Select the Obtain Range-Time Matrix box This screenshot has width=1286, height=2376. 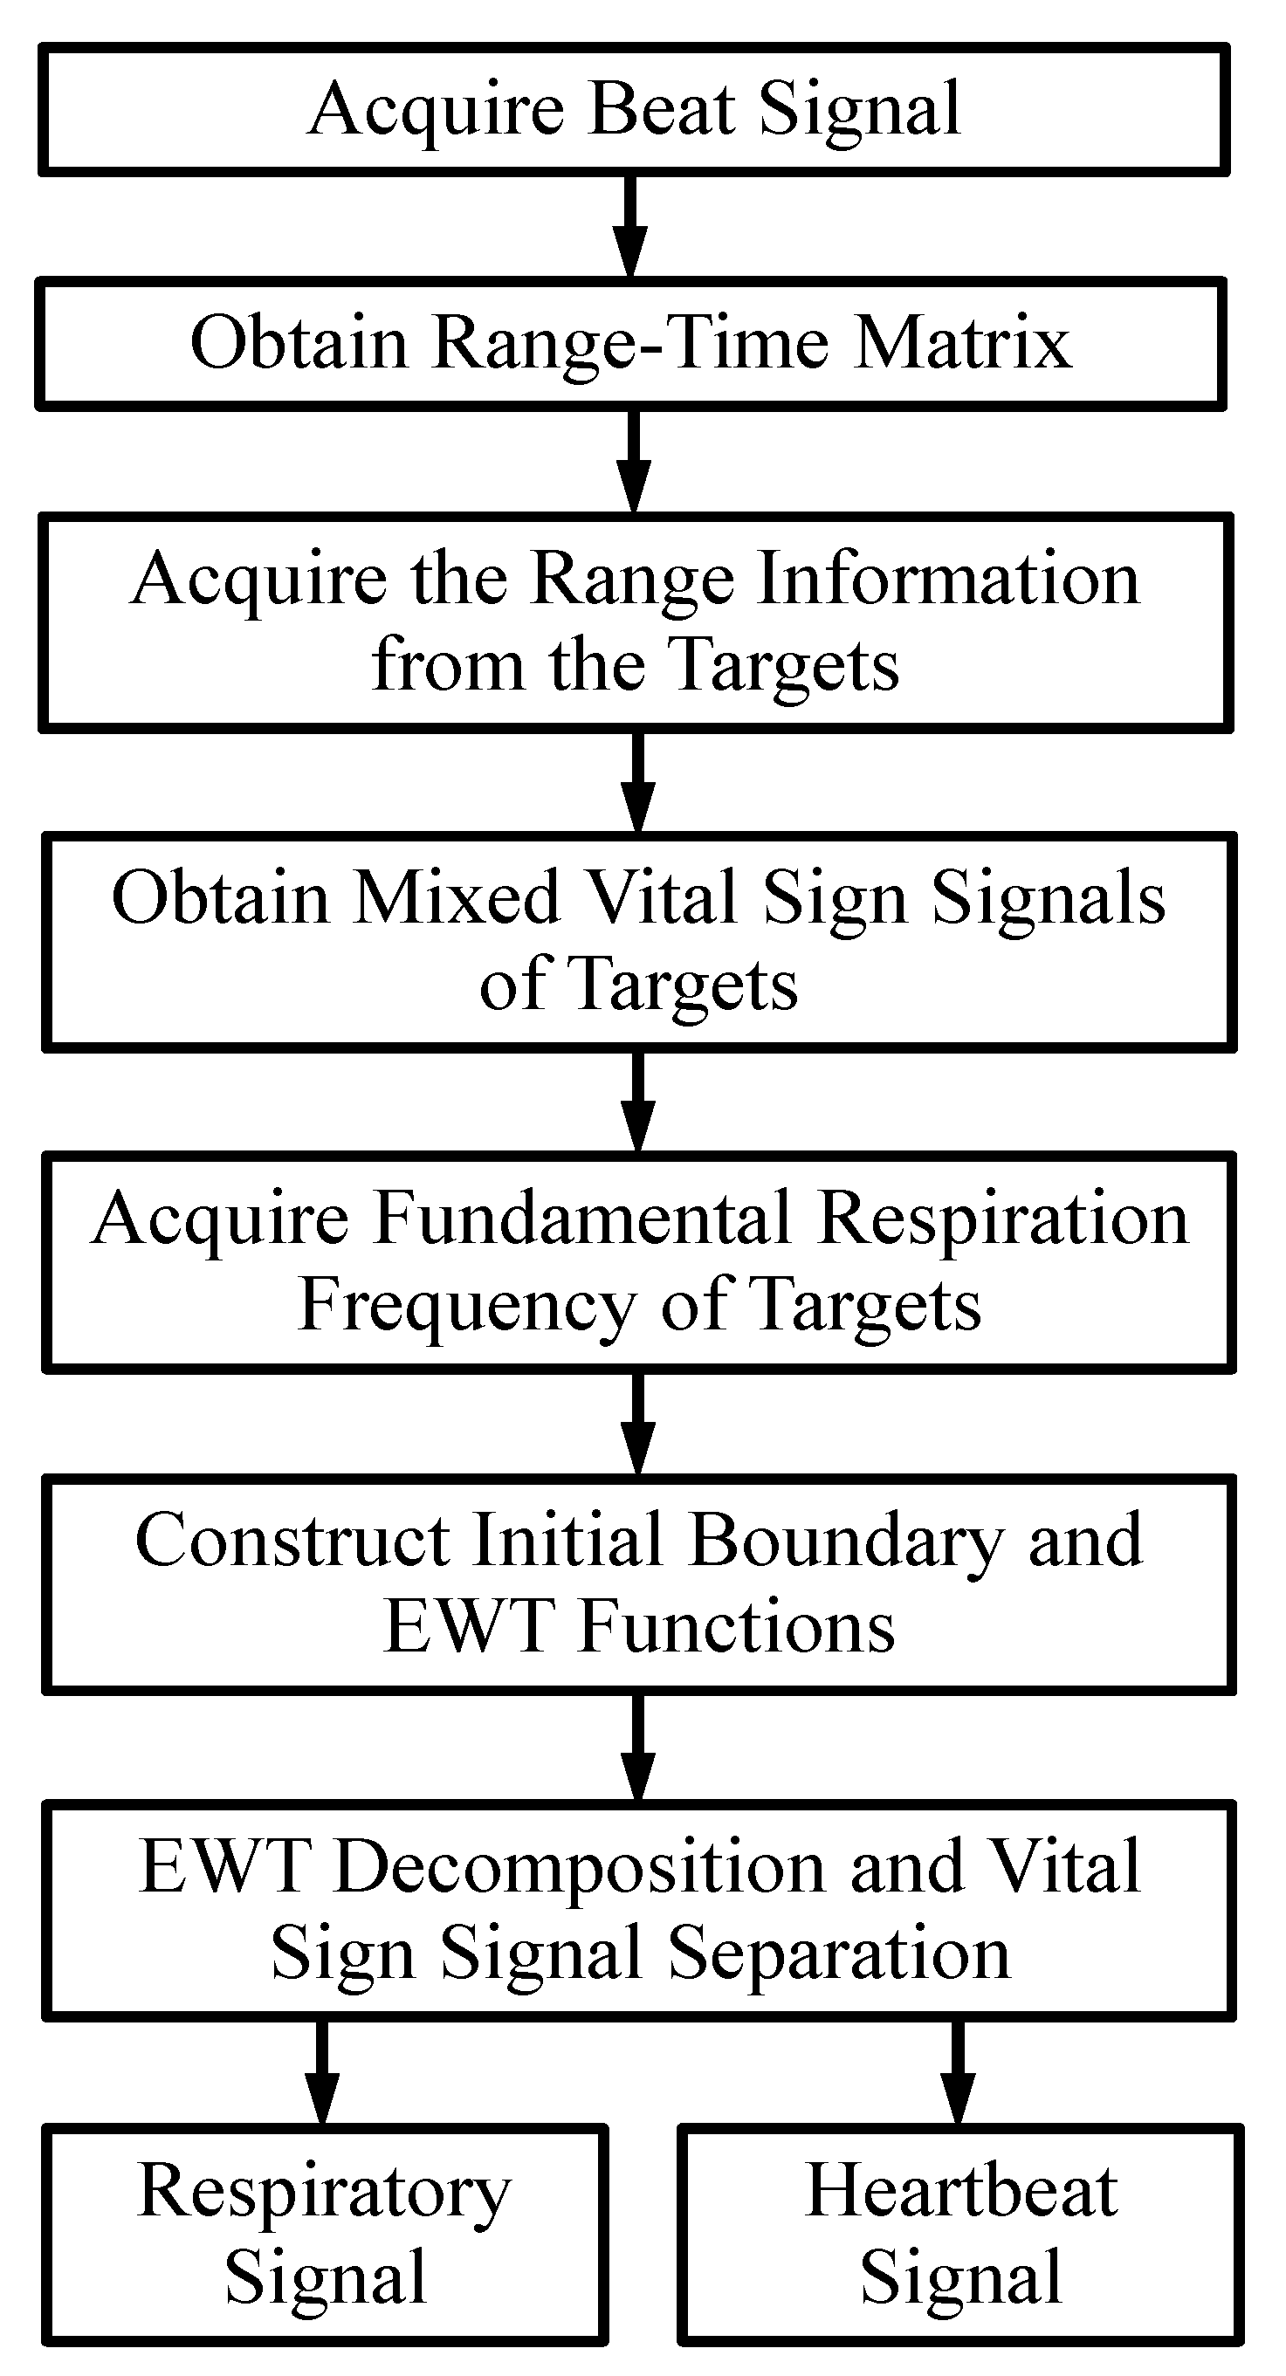coord(631,343)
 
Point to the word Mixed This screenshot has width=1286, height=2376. coord(456,897)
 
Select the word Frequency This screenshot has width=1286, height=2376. coord(467,1305)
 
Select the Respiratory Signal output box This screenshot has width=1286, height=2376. coord(325,2234)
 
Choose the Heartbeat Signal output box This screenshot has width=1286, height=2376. coord(960,2234)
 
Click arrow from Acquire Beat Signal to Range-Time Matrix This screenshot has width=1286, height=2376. coord(631,226)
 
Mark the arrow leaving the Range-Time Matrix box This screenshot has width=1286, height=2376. coord(633,461)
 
